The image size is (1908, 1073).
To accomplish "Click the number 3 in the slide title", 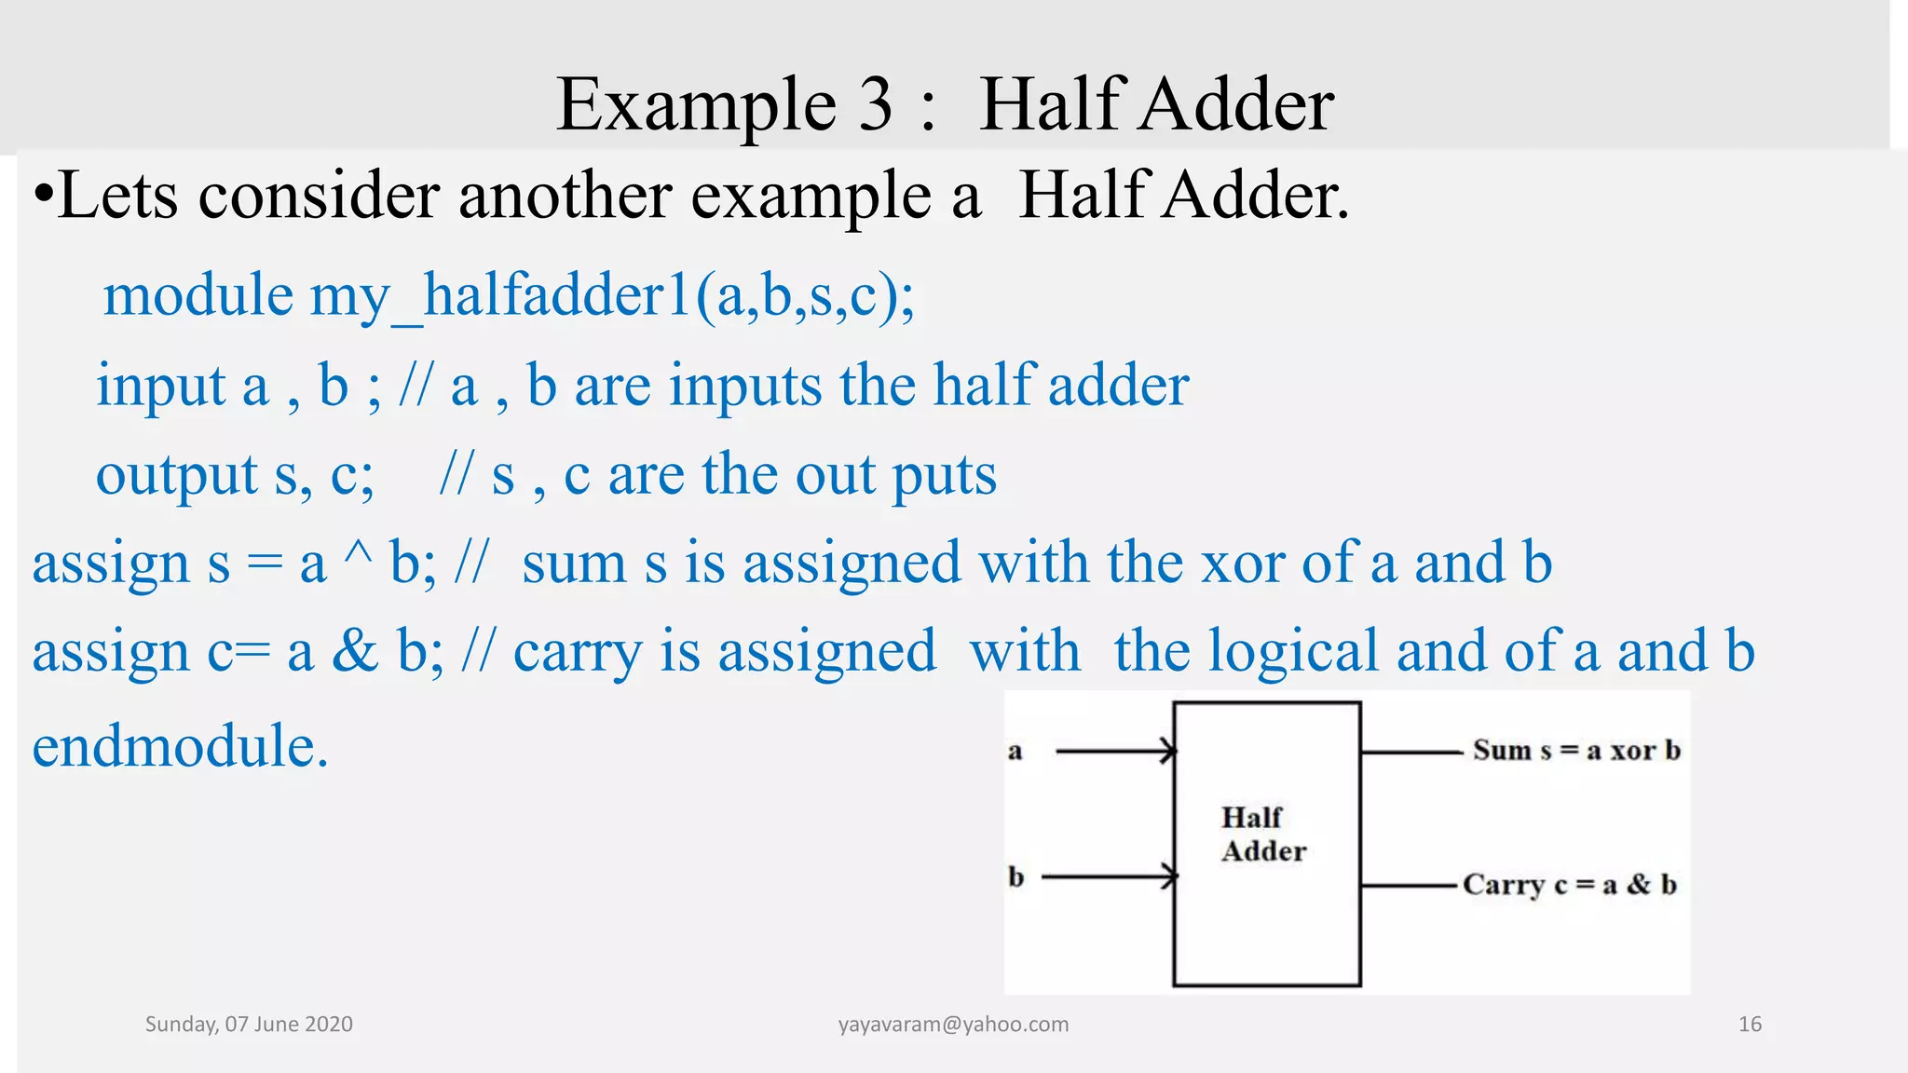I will point(875,105).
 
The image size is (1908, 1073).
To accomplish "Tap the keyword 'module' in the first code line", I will point(198,296).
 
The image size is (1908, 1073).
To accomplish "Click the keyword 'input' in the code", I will point(161,386).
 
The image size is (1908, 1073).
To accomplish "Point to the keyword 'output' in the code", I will point(176,475).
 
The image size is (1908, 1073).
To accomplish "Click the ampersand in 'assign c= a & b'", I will point(355,651).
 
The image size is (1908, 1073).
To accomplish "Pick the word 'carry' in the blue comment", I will point(578,653).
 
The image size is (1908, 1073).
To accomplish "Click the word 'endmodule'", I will point(180,747).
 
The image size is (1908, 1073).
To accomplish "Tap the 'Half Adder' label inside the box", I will point(1263,835).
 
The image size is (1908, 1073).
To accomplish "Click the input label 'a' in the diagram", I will point(1015,751).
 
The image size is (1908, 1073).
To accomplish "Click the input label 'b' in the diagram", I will point(1015,877).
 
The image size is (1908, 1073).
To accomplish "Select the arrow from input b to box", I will point(1110,876).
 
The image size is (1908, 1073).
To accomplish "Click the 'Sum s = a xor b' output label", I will point(1576,751).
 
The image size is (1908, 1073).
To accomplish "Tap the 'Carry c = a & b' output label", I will point(1569,885).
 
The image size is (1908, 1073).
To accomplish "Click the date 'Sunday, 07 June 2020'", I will point(249,1025).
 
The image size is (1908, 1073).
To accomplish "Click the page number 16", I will point(1750,1025).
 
